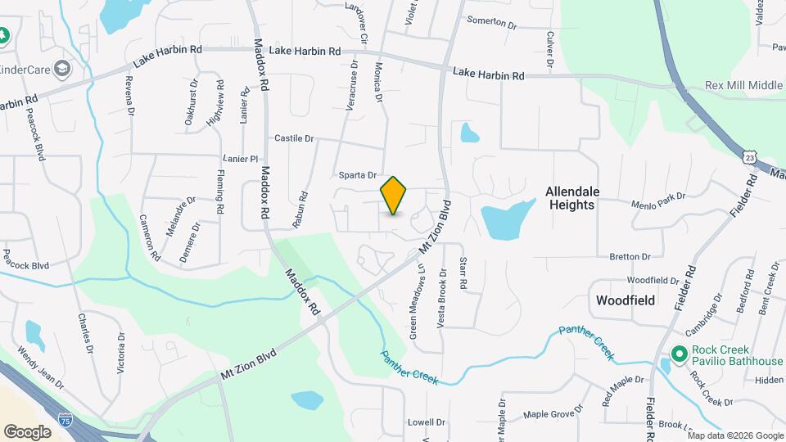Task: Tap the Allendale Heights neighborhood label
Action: point(572,198)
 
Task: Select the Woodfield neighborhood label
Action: point(626,300)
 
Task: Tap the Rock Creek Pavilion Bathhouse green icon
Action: point(678,354)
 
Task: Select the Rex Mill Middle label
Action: point(743,86)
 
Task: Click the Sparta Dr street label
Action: point(357,175)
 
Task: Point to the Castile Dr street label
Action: point(294,138)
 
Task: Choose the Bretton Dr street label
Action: point(630,257)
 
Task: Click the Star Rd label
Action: point(463,274)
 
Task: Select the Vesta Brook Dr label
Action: point(442,299)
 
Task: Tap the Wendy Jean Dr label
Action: point(39,365)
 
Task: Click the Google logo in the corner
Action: point(27,431)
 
